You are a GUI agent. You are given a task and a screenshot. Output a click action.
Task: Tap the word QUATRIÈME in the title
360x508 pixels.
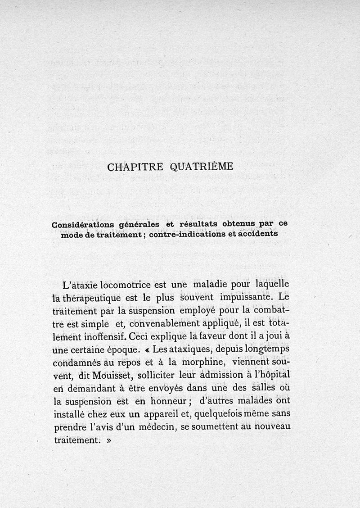click(x=202, y=167)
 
